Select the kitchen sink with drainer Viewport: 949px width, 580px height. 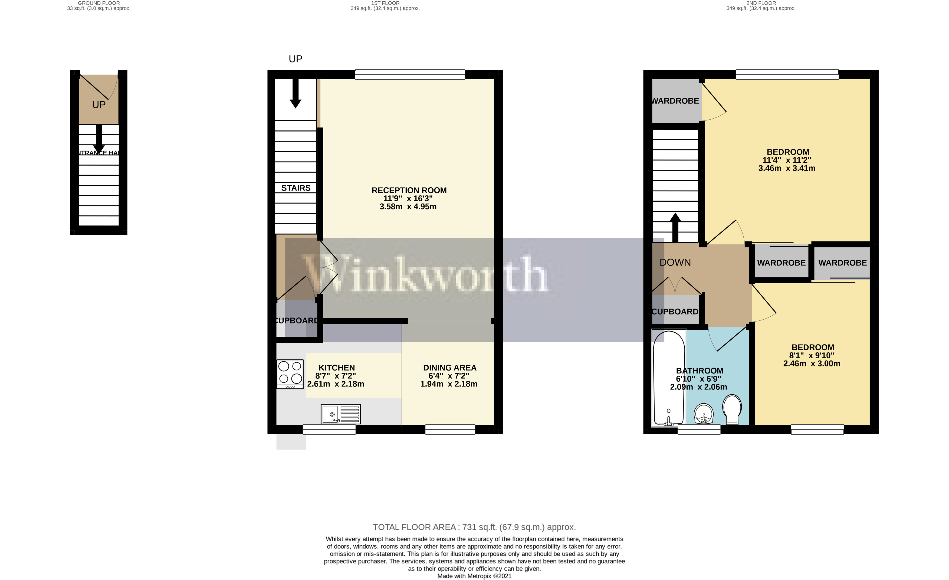[x=340, y=414]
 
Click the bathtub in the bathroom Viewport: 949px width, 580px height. [x=669, y=378]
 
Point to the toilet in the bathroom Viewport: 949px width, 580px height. [x=732, y=410]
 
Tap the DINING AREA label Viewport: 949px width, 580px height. [x=449, y=368]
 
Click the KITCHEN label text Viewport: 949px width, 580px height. [x=337, y=368]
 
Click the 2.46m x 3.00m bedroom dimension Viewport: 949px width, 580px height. [x=812, y=363]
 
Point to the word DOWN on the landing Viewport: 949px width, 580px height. [x=675, y=262]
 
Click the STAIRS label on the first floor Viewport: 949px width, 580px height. [x=296, y=188]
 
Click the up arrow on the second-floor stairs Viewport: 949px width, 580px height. [x=675, y=227]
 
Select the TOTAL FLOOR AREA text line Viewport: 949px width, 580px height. [x=474, y=527]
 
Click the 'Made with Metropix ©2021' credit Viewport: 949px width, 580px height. [x=474, y=576]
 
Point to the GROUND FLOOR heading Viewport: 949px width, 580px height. [x=98, y=3]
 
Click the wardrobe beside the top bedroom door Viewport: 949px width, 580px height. [x=675, y=101]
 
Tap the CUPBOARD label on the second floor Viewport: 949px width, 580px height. [x=675, y=312]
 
